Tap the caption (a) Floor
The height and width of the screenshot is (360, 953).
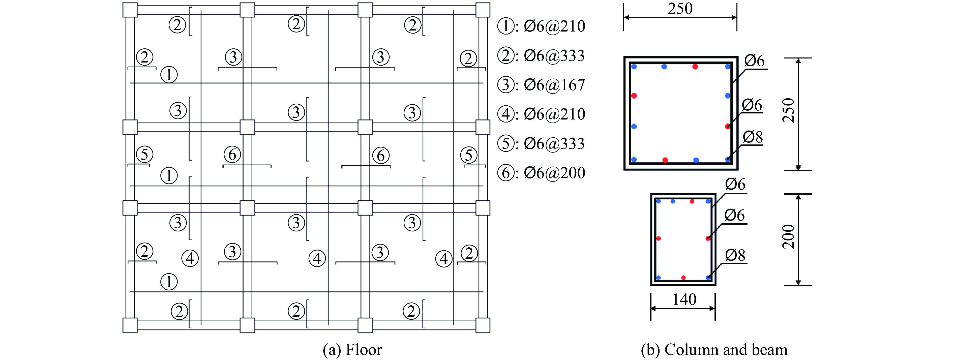click(352, 350)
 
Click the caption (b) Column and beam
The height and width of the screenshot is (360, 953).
click(714, 350)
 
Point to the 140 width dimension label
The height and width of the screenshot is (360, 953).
click(684, 299)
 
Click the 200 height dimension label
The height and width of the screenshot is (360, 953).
click(788, 237)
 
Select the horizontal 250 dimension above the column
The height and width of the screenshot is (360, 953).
click(680, 9)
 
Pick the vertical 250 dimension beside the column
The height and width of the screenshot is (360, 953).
click(788, 110)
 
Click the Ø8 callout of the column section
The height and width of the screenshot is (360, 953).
click(753, 137)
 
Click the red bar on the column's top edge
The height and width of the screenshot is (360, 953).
click(695, 67)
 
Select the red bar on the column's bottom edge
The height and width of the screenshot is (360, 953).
click(665, 160)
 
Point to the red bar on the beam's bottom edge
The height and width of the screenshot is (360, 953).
click(683, 278)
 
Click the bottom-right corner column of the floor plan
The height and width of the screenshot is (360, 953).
click(483, 325)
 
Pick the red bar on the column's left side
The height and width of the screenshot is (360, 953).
click(634, 96)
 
